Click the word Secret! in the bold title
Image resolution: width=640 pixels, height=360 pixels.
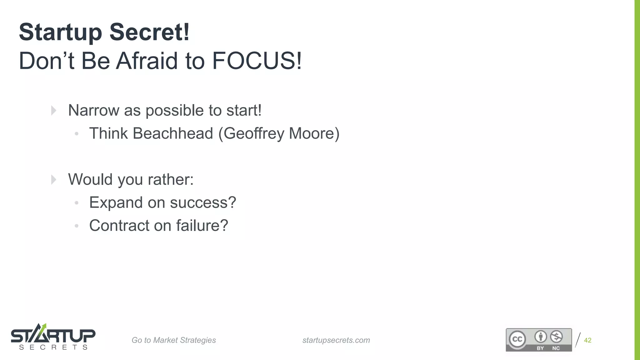click(x=149, y=32)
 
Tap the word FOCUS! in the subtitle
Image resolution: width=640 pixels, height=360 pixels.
click(x=257, y=61)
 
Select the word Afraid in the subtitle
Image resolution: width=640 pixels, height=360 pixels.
click(x=147, y=61)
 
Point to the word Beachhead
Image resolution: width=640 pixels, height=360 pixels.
click(x=173, y=133)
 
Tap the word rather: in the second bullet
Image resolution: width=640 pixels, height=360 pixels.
click(x=171, y=179)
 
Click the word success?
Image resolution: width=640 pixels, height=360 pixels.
click(x=203, y=202)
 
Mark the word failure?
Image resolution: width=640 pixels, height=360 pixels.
click(x=202, y=226)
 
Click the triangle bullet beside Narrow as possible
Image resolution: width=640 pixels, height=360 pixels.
click(x=54, y=110)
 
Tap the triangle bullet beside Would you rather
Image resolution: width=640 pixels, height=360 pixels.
click(x=54, y=180)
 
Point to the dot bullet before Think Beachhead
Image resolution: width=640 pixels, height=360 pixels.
click(x=77, y=134)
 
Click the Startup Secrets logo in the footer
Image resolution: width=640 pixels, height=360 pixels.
click(x=53, y=337)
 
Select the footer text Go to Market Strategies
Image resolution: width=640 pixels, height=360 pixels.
click(x=174, y=340)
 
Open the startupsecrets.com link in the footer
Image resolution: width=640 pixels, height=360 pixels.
click(x=336, y=340)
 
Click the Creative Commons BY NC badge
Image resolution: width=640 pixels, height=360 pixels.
click(x=539, y=340)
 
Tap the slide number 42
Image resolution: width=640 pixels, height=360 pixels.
click(x=587, y=340)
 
